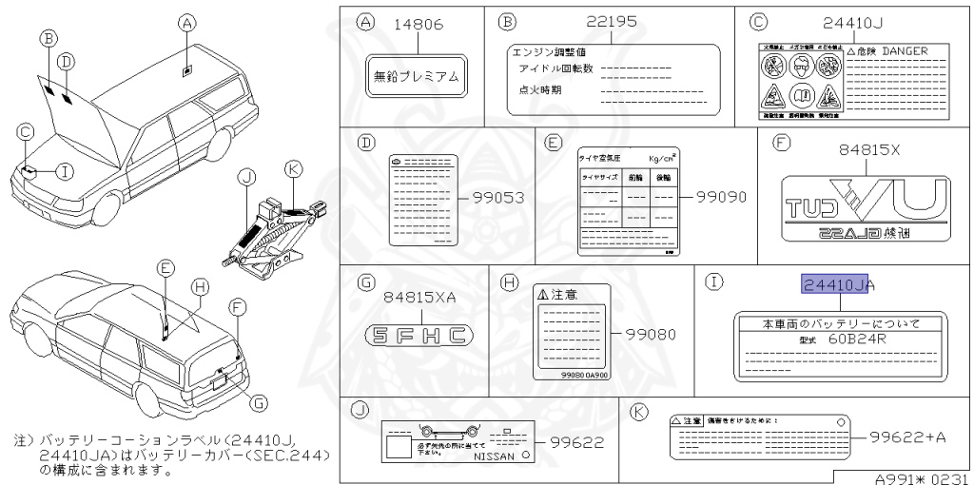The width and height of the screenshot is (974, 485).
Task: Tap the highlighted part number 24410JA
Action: point(837,284)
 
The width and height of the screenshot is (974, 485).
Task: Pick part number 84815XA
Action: point(419,298)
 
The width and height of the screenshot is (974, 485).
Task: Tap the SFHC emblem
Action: point(419,335)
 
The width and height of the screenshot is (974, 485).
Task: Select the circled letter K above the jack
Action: point(293,168)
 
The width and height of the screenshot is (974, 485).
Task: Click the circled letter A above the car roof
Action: point(187,22)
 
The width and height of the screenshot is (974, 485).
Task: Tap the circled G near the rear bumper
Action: point(257,401)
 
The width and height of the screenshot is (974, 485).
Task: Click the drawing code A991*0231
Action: point(921,477)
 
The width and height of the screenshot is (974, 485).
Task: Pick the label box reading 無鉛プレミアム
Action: point(416,76)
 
